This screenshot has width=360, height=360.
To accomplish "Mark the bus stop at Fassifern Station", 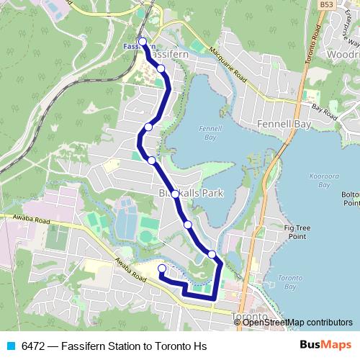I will click(143, 42).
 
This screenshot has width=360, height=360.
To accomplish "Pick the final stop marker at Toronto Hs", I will click(161, 269).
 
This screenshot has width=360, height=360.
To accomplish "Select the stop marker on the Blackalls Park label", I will click(175, 194).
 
